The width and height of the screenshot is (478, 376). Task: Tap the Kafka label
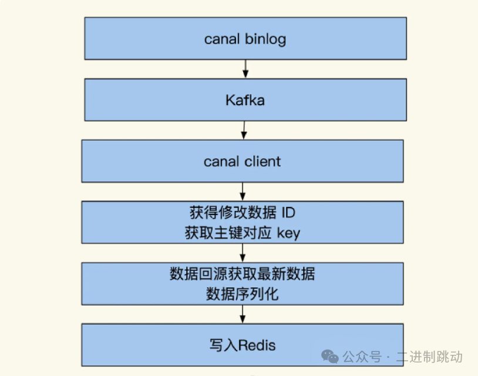click(x=245, y=100)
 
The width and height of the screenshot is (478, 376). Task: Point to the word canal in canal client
click(x=220, y=161)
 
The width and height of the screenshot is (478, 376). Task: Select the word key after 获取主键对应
click(x=288, y=233)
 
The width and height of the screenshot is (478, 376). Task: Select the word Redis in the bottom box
click(x=257, y=344)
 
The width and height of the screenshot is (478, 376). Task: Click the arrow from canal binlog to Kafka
click(x=245, y=69)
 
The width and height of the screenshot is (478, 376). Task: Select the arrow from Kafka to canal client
click(x=244, y=130)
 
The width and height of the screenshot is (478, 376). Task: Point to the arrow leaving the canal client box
click(x=243, y=192)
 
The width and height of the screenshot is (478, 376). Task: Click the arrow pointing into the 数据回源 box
click(x=243, y=253)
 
